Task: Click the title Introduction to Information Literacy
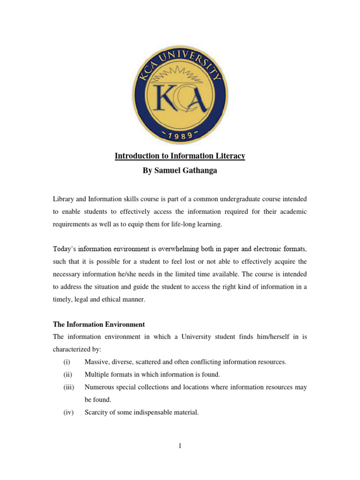click(180, 156)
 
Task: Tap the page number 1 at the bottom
click(180, 446)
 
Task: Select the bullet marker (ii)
click(67, 375)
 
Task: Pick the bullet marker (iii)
click(68, 387)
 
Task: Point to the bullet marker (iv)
click(68, 412)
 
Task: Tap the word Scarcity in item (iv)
click(97, 412)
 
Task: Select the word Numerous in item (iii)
click(99, 387)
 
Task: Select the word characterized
click(74, 349)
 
